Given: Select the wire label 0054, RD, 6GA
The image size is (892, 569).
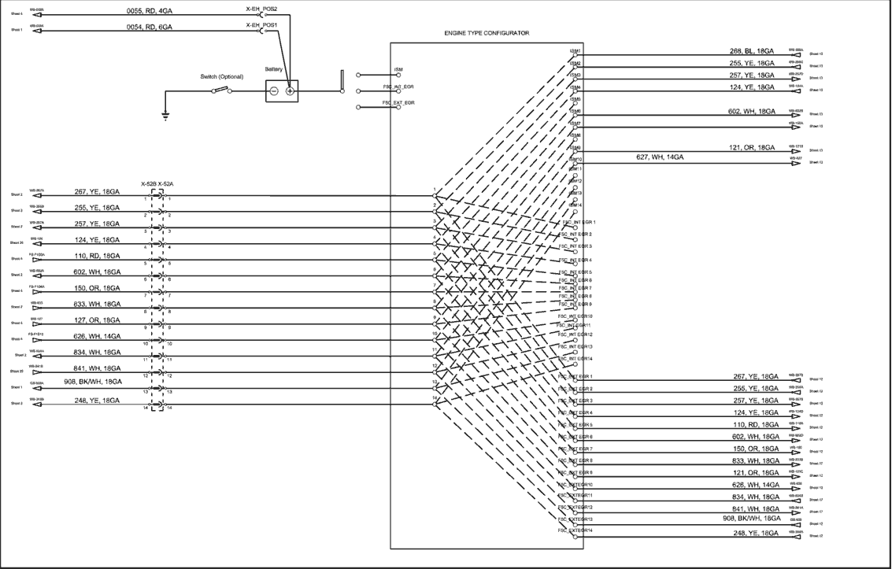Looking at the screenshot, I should point(150,27).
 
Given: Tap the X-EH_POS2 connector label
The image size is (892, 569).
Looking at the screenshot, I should point(262,9).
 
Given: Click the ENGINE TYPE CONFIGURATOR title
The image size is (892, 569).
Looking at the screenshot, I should point(487,34).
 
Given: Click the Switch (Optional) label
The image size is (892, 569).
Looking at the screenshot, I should point(224,77).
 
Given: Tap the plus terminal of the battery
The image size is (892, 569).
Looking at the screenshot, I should point(290,91).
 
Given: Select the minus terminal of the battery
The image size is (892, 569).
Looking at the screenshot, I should point(273,91).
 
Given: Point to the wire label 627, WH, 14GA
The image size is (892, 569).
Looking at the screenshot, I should point(660,157).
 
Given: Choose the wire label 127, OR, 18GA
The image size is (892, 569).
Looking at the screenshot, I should point(97,320).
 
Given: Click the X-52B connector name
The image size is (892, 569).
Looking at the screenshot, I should point(149,184).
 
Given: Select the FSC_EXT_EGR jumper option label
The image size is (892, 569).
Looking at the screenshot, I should point(398,102).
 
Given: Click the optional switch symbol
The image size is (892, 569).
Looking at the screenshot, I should point(222,91).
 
